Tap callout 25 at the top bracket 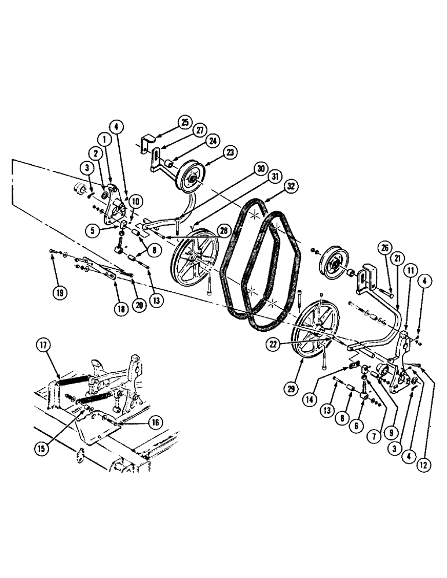point(184,122)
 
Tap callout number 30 point(259,168)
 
